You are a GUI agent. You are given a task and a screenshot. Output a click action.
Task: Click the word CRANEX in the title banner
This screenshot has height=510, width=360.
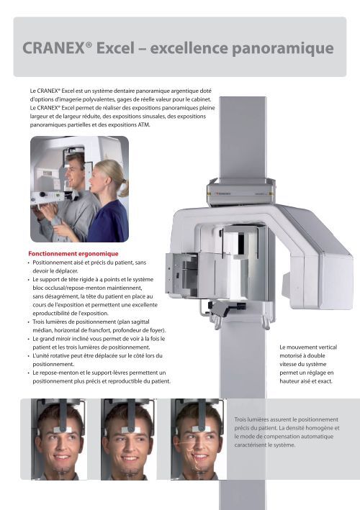54,48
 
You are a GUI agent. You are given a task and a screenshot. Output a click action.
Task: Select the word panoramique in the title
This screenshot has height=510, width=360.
282,49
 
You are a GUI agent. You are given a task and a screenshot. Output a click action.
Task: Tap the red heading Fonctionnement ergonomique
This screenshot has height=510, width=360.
73,254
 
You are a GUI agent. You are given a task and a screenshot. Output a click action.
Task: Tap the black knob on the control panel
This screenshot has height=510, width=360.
42,195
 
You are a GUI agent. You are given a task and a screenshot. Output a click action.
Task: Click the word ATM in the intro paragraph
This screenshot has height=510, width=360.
143,125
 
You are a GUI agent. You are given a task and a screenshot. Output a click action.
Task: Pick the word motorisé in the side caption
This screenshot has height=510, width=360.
290,356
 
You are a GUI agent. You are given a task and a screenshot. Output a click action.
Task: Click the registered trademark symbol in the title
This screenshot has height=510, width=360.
89,45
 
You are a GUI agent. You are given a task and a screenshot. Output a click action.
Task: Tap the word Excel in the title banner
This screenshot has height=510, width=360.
115,48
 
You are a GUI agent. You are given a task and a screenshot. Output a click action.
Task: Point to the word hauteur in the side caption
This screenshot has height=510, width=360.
289,381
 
